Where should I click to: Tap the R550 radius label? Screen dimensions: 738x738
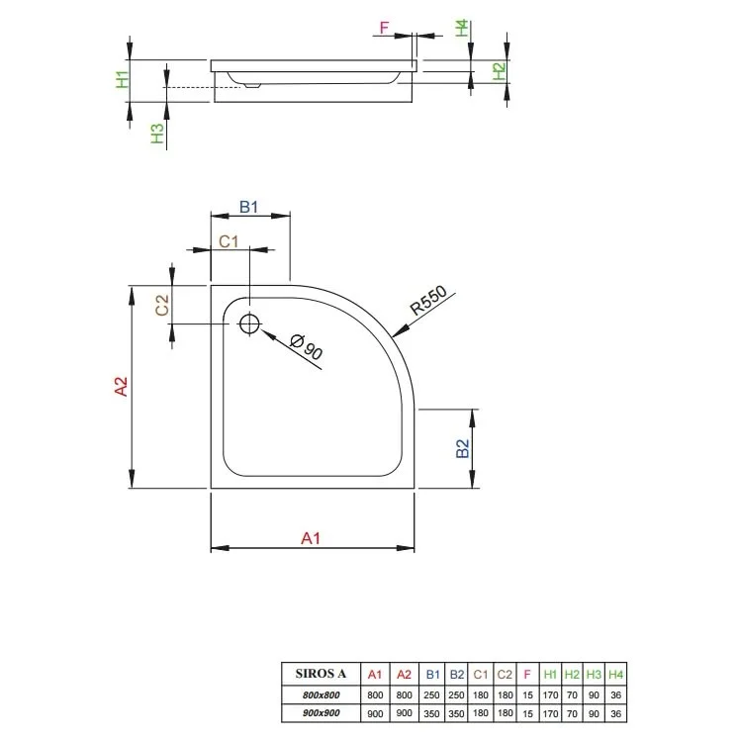(428, 301)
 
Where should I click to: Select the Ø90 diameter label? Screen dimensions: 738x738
(307, 346)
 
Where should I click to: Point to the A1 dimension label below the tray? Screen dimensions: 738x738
(311, 538)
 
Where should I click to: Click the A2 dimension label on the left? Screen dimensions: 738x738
(121, 387)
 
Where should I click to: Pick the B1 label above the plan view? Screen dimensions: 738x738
(248, 207)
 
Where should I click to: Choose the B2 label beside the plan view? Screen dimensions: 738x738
(463, 448)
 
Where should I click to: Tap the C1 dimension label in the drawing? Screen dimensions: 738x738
(229, 241)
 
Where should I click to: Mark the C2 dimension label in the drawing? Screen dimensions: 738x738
(162, 305)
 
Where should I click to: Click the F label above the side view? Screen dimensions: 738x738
(384, 28)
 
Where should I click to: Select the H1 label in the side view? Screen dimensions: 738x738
(123, 79)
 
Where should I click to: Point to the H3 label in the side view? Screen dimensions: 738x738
(157, 134)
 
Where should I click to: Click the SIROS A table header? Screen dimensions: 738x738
(321, 674)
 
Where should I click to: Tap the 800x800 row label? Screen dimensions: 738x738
(321, 694)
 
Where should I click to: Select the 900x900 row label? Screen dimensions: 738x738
(321, 713)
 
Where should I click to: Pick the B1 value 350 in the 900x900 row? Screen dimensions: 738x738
(431, 713)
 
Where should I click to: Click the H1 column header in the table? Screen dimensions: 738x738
(550, 675)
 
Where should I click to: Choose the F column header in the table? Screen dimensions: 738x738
(527, 675)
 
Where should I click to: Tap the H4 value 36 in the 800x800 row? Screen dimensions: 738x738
(615, 694)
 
